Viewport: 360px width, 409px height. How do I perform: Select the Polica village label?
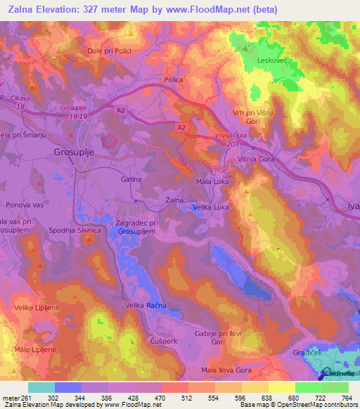pyautogui.click(x=174, y=79)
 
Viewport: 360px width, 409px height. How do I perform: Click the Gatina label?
pyautogui.click(x=131, y=179)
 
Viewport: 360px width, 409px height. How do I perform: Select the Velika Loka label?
pyautogui.click(x=210, y=207)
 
